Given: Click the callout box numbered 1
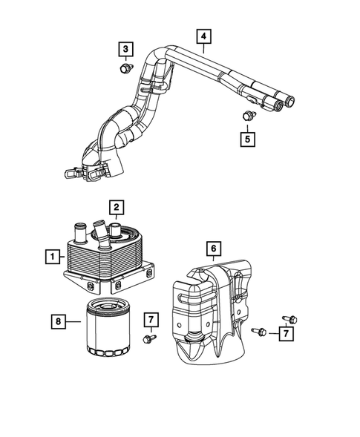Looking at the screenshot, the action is (x=53, y=257).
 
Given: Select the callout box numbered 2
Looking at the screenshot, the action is (x=117, y=207).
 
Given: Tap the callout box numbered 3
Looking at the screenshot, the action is (x=125, y=49).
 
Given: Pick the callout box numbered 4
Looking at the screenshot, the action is (x=204, y=36).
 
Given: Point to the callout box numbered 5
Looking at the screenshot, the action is (x=248, y=139).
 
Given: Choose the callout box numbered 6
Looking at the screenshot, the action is (x=214, y=249).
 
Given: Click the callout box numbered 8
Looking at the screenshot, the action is (x=59, y=321).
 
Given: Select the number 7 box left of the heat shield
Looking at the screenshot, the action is (x=151, y=320).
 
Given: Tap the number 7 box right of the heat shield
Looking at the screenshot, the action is (x=286, y=334).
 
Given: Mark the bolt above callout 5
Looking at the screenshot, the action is (x=249, y=116).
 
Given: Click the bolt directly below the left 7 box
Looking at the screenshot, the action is (x=149, y=339).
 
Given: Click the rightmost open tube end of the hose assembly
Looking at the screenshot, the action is (x=290, y=101).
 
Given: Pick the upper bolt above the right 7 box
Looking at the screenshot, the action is (x=290, y=319).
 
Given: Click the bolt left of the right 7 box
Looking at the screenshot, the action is (x=259, y=332).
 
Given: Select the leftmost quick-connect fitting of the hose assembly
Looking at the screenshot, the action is (x=72, y=173).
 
